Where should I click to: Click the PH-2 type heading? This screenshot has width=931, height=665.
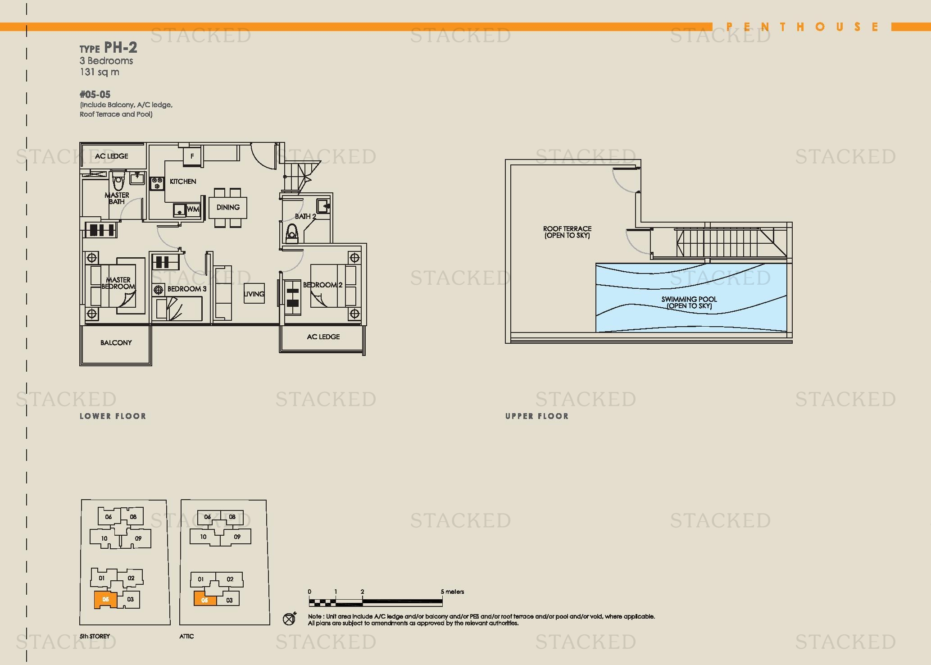[108, 48]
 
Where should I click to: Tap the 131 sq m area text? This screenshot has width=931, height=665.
[100, 72]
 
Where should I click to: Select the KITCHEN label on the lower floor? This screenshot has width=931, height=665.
[183, 181]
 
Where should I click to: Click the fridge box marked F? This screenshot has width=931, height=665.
[192, 156]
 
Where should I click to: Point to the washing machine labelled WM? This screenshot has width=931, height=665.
[193, 210]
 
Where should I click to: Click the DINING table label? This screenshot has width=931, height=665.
[228, 207]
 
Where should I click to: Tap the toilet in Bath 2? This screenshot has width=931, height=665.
[292, 233]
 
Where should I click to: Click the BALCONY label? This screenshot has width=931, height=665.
[116, 343]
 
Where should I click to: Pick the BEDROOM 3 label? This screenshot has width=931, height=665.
[187, 289]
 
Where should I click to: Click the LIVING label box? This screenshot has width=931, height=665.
[254, 294]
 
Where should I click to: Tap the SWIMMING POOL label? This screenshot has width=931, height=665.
[689, 302]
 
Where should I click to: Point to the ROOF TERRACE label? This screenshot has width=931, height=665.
[567, 232]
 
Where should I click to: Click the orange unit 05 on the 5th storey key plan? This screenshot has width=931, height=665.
[106, 600]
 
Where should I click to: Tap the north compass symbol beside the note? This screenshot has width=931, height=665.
[290, 619]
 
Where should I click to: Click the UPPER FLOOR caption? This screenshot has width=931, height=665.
[537, 416]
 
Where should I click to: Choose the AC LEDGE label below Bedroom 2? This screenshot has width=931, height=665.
[323, 337]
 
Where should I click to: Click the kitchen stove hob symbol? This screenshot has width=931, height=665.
[157, 183]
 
